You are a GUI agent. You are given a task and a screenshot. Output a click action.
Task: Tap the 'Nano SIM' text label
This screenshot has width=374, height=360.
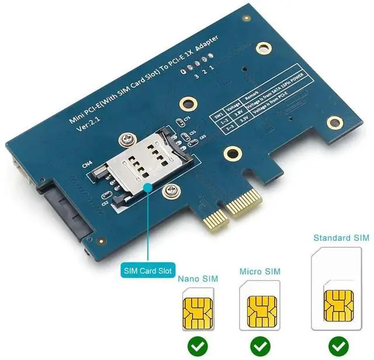[x=198, y=279]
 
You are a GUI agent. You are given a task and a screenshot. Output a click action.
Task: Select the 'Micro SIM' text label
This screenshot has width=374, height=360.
[x=260, y=272]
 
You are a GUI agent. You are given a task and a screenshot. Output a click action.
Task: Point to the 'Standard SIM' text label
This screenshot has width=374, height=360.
[x=341, y=238]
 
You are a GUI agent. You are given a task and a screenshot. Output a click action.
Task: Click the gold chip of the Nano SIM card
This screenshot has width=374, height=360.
[x=198, y=313]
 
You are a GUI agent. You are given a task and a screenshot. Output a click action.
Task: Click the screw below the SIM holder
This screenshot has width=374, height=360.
[x=171, y=190]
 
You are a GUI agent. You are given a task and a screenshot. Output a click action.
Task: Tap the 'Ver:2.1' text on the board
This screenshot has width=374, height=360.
[x=89, y=130]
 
